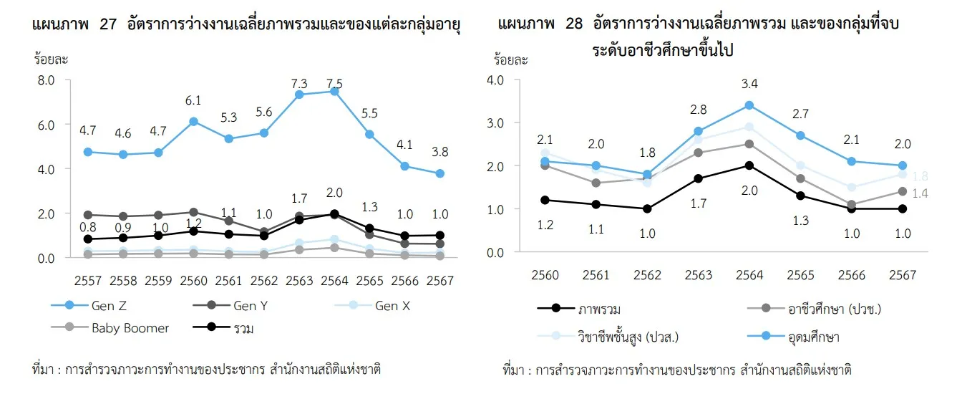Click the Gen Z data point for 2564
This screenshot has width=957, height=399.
[x=334, y=91]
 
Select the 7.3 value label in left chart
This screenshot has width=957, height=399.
[x=298, y=83]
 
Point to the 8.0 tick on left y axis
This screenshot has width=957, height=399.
[x=47, y=80]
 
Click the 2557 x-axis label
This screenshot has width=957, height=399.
[x=87, y=281]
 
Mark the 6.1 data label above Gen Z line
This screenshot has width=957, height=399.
[x=193, y=101]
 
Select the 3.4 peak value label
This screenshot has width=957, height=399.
[x=749, y=85]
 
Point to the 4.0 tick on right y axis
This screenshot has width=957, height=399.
[x=495, y=80]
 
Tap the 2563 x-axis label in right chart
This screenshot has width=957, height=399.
[x=698, y=274]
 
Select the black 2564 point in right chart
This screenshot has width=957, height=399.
[x=749, y=165]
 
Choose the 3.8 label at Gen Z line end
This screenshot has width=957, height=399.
[x=440, y=153]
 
